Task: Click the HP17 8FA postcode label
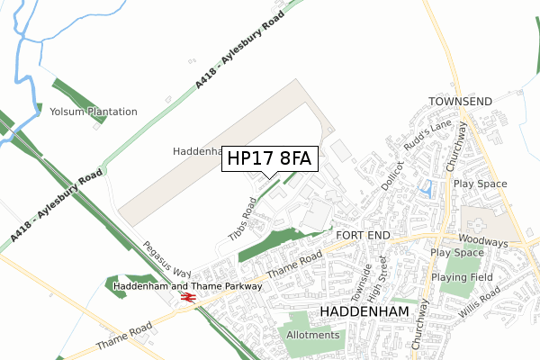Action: pyautogui.click(x=269, y=158)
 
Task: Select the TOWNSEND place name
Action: pyautogui.click(x=460, y=102)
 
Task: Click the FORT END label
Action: pyautogui.click(x=363, y=235)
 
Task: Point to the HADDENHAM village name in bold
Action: pyautogui.click(x=364, y=310)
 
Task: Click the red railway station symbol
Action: pyautogui.click(x=188, y=297)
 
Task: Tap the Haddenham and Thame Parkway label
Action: pyautogui.click(x=188, y=286)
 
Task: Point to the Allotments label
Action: pyautogui.click(x=313, y=335)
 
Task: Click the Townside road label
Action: pyautogui.click(x=361, y=283)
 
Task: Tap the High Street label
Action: pyautogui.click(x=384, y=274)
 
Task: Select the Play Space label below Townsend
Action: pyautogui.click(x=481, y=184)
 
